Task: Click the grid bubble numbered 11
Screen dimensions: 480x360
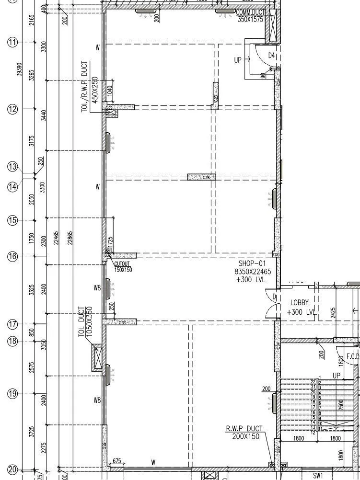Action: [12, 42]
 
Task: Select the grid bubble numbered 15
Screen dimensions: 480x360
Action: [12, 220]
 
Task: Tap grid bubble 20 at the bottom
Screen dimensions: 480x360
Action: [12, 470]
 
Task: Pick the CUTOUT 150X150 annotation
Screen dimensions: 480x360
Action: [123, 267]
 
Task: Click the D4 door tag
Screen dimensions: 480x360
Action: [271, 56]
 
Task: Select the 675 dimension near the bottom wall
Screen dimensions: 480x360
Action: [116, 461]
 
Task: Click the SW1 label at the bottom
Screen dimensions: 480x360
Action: [318, 476]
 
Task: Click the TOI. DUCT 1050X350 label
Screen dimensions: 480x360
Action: [84, 321]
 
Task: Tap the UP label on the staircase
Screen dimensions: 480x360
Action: [336, 376]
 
